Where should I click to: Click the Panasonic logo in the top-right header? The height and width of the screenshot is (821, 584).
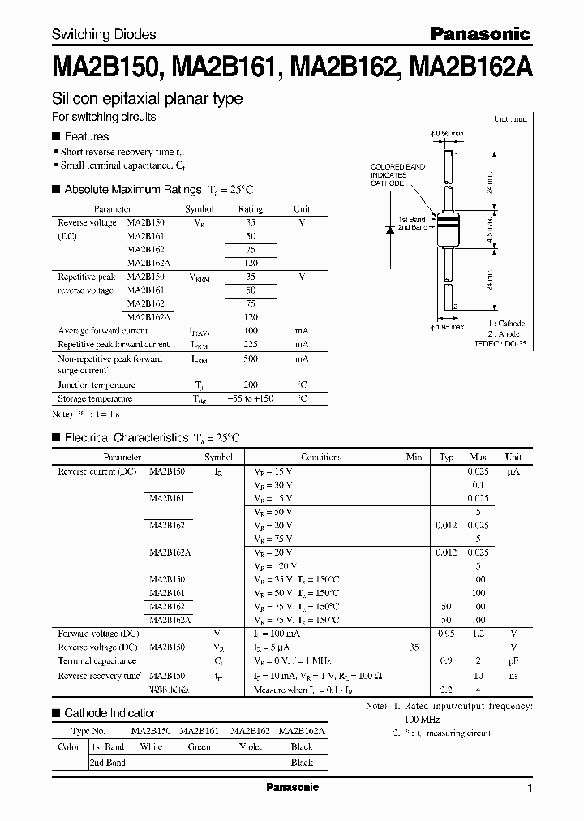479,33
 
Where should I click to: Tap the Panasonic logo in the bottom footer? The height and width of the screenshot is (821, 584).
292,787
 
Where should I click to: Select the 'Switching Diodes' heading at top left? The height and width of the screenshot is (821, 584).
104,34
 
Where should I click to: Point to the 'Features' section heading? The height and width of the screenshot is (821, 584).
87,136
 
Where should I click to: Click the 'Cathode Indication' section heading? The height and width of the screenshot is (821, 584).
111,713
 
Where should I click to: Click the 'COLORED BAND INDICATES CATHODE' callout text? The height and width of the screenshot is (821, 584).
397,174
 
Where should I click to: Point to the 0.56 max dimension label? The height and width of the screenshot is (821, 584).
452,132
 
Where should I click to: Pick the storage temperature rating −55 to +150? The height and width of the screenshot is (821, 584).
251,398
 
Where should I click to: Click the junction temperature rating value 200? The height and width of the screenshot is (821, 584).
251,385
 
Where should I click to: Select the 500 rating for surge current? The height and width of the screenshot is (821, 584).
251,358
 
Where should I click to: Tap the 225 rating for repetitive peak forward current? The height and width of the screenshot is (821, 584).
251,344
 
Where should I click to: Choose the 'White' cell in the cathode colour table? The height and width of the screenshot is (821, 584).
151,747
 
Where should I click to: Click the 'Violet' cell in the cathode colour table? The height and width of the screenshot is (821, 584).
251,747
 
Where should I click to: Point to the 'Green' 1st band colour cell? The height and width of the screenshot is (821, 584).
200,747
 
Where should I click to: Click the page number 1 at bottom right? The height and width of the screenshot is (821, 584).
530,789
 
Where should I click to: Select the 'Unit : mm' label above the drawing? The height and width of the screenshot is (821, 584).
510,118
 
